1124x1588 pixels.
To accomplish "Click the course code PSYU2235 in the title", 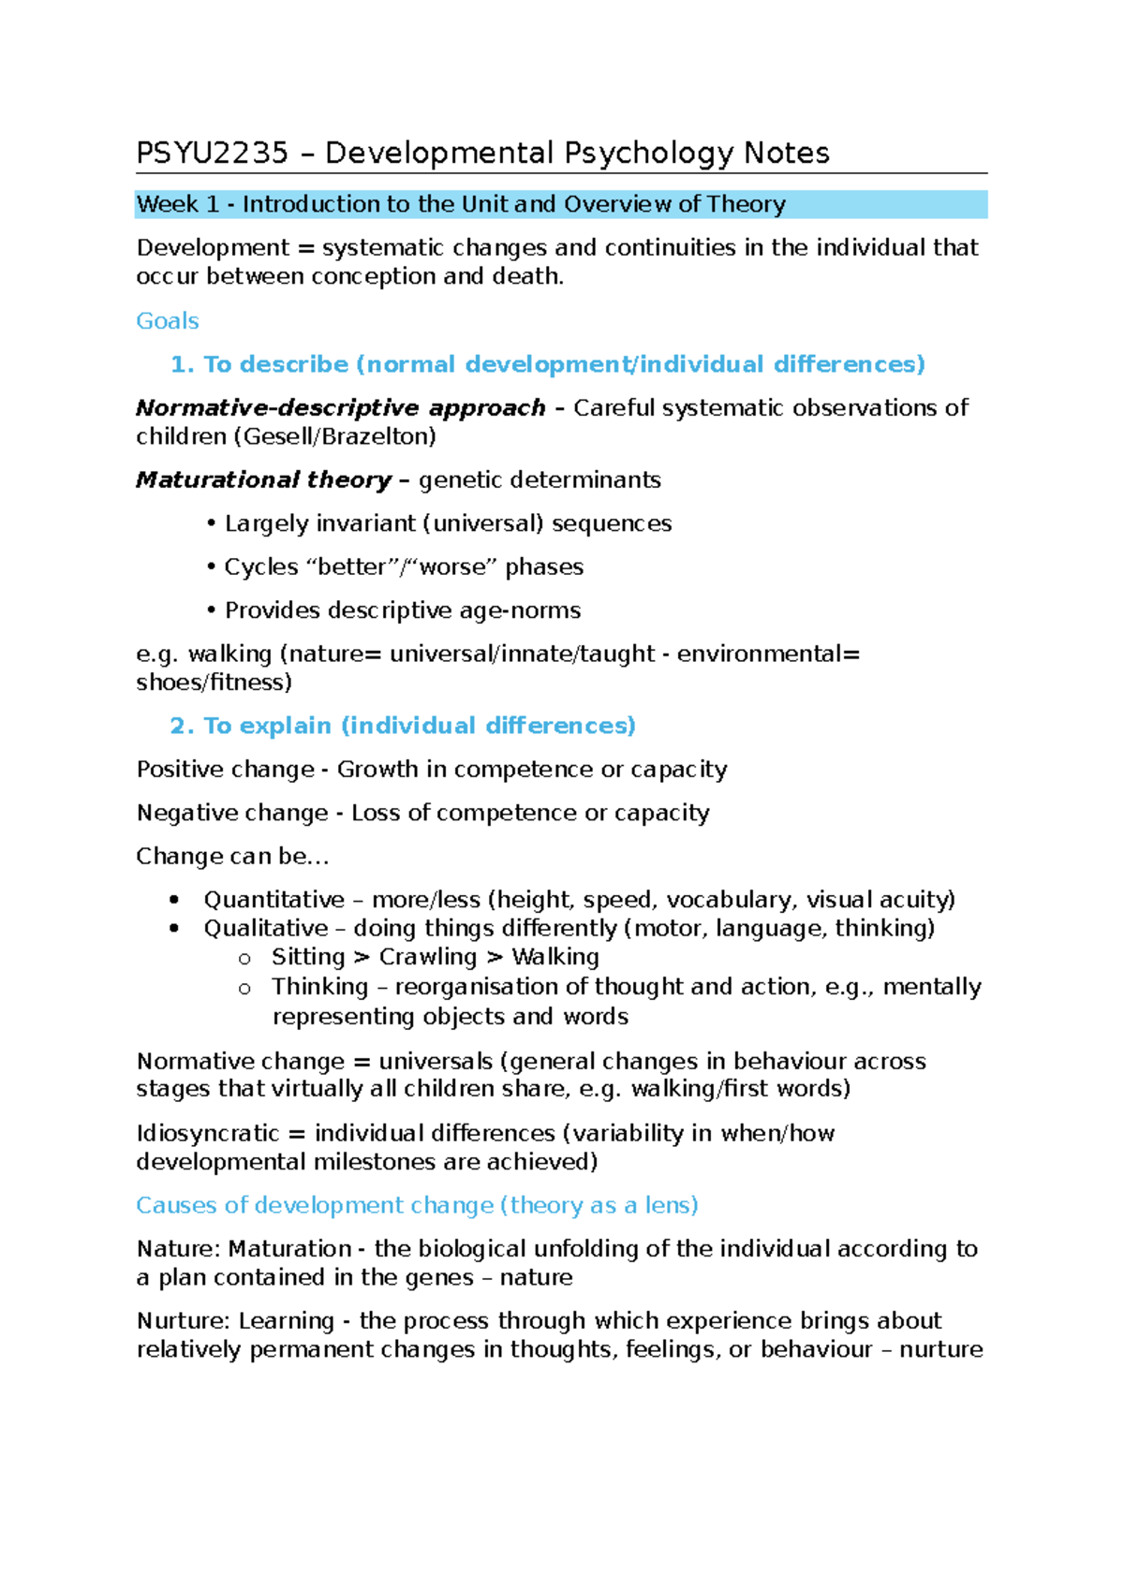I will coord(212,154).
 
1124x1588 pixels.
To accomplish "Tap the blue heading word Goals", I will coord(168,321).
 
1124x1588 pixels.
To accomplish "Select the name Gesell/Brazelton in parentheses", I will coord(339,437).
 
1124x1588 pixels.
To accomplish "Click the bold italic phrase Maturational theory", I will coord(263,480).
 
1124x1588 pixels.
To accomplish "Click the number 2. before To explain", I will coord(182,727).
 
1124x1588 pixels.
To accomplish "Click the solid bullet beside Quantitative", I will coord(174,900).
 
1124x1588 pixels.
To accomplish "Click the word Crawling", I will coord(428,957).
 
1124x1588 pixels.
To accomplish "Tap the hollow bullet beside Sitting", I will coord(245,958).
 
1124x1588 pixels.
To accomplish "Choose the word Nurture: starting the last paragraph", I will coord(183,1321).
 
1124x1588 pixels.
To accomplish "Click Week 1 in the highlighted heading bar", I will coord(177,204).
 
